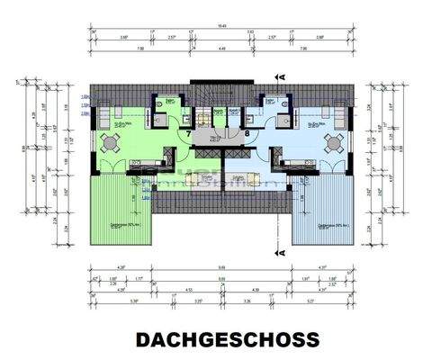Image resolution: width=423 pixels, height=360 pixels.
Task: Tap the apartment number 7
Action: coord(188,134)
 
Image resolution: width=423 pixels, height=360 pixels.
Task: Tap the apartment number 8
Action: coord(245,134)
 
